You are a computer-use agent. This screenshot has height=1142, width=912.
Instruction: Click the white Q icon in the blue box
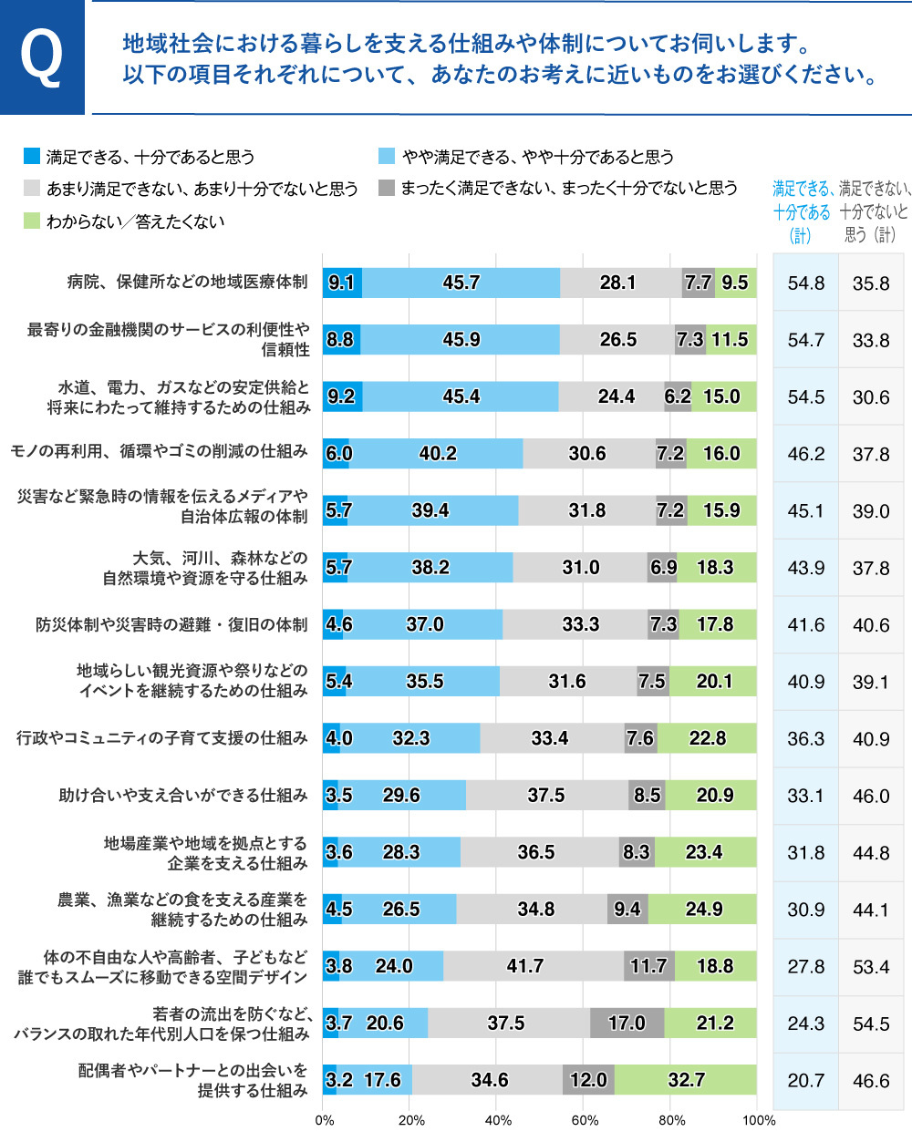42,57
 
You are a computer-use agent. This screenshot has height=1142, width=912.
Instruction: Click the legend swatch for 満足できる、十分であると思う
32,157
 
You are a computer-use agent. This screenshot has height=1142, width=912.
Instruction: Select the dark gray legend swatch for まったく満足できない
387,188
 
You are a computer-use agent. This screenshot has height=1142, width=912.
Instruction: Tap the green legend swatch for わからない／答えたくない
32,221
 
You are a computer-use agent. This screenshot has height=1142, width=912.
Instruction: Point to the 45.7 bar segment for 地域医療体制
461,283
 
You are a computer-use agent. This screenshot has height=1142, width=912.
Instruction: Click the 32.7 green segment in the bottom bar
686,1080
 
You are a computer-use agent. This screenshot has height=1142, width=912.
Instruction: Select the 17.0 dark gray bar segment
627,1024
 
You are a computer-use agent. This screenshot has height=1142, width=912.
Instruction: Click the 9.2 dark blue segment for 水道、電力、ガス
342,396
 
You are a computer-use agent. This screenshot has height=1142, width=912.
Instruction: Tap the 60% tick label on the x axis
585,1120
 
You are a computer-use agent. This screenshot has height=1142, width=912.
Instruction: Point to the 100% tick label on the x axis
758,1120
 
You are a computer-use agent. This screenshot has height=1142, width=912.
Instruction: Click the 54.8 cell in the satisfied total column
805,283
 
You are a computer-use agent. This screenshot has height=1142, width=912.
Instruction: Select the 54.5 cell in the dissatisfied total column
871,1024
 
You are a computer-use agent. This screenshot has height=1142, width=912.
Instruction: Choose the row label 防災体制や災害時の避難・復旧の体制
171,624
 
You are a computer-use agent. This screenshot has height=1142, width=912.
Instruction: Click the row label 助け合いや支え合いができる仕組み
183,796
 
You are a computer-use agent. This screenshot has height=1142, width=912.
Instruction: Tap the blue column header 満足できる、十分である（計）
802,211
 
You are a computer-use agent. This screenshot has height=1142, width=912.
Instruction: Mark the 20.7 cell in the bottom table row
805,1081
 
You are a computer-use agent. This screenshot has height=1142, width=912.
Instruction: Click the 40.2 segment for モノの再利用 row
437,453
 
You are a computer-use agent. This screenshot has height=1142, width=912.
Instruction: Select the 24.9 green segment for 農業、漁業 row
703,909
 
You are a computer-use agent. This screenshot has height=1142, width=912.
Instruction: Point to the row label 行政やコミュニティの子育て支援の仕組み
162,737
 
